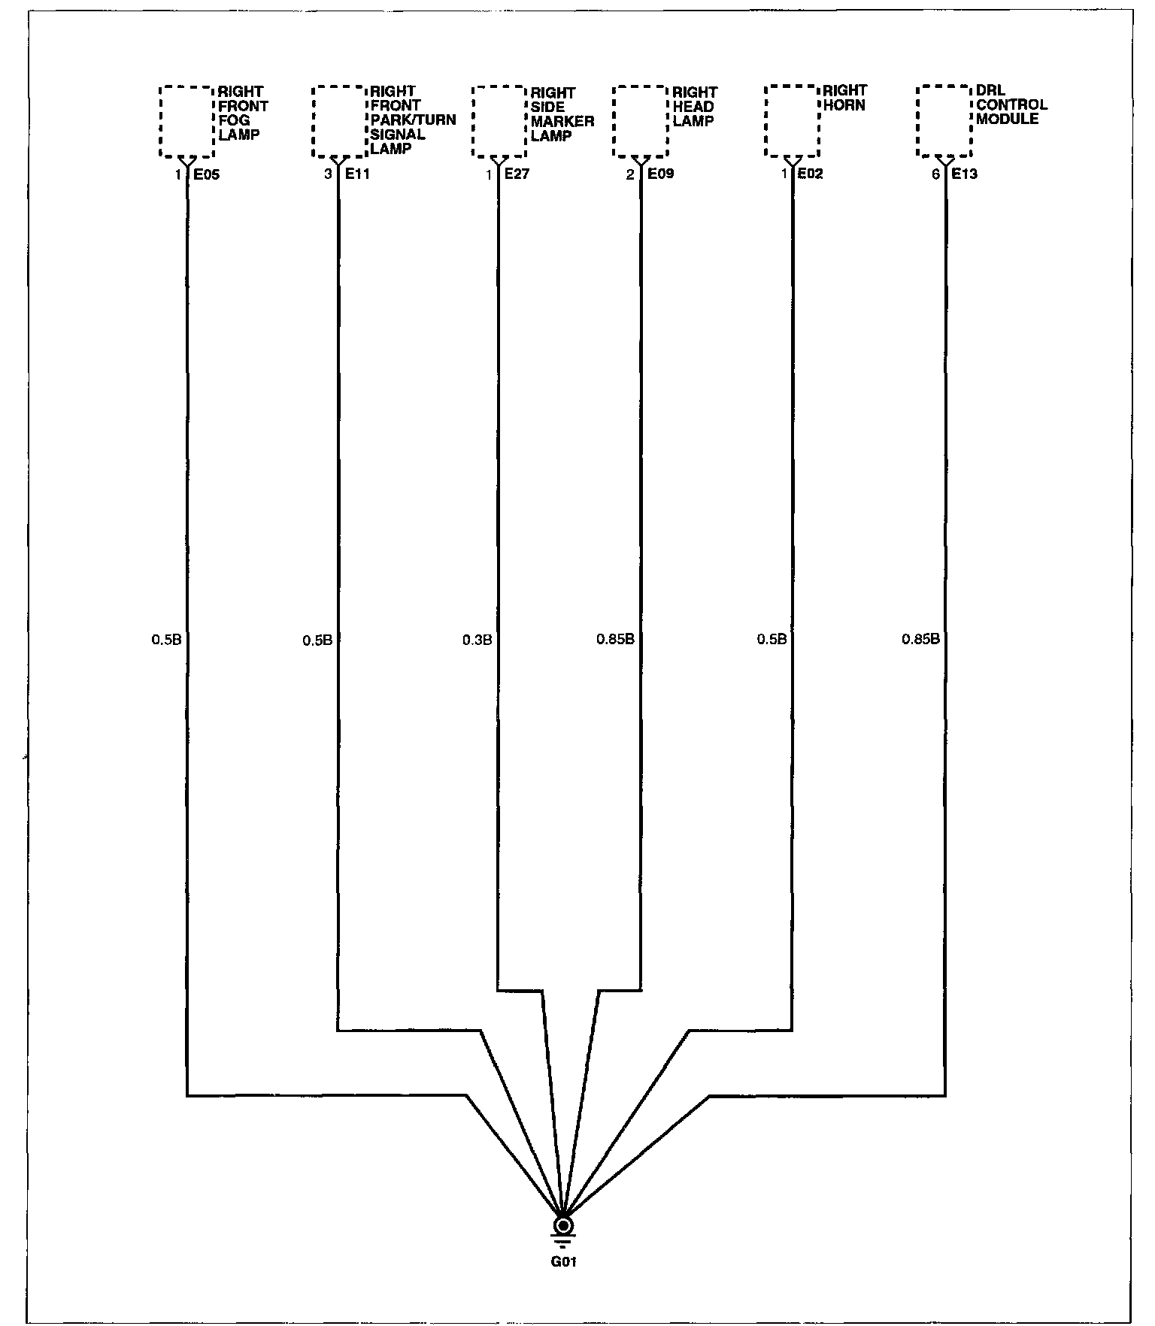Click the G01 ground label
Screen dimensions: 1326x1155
click(x=563, y=1262)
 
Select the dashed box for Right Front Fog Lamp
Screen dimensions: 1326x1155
click(x=187, y=122)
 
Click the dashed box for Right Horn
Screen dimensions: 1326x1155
click(x=792, y=120)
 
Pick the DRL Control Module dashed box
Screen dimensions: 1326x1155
click(x=944, y=121)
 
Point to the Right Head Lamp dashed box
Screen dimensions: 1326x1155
click(x=641, y=121)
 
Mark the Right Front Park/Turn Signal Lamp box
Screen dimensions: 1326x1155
click(x=339, y=121)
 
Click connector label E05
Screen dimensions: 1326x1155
click(x=207, y=175)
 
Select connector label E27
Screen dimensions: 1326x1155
click(x=517, y=174)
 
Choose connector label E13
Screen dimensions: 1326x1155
click(x=965, y=174)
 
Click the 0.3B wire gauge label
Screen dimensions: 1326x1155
click(x=477, y=640)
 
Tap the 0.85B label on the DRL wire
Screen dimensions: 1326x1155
click(x=921, y=640)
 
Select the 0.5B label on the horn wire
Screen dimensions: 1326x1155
click(x=772, y=640)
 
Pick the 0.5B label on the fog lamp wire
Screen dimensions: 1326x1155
click(x=167, y=640)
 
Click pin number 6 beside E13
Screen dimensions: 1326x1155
click(x=935, y=175)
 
